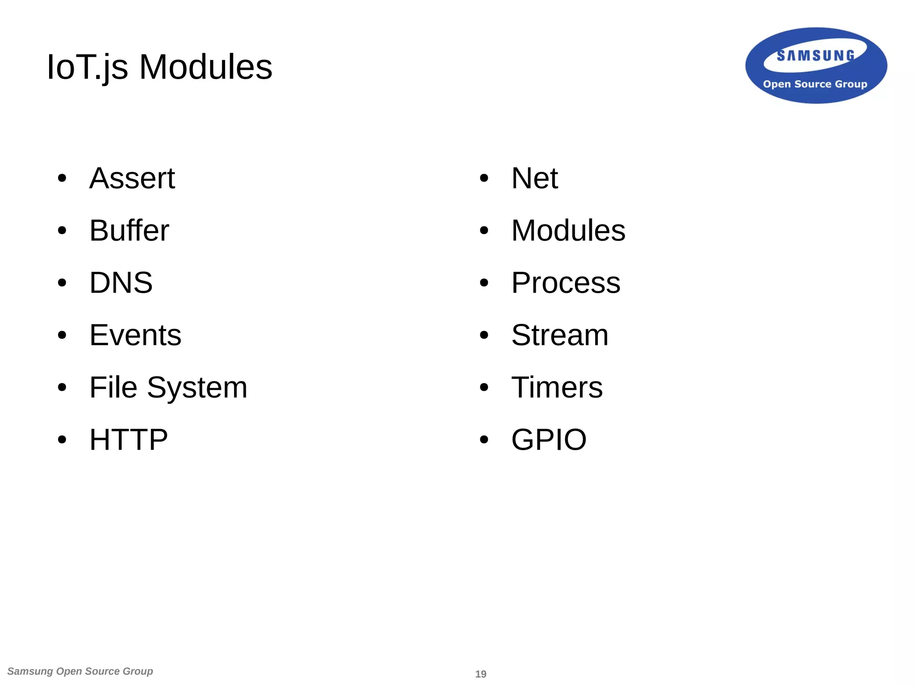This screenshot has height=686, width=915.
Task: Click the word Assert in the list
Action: (x=132, y=178)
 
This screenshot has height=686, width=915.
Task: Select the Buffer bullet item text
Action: (x=129, y=230)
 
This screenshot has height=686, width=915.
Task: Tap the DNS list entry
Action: (x=121, y=283)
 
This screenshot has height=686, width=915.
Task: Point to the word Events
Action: (x=135, y=335)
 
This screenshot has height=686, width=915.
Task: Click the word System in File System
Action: (x=197, y=388)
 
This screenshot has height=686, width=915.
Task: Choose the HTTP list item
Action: (x=129, y=439)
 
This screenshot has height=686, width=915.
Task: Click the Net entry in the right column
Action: (x=534, y=178)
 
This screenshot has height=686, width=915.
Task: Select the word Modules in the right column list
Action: (x=568, y=230)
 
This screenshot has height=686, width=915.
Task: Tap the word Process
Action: (x=566, y=283)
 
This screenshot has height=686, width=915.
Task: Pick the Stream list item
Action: (x=559, y=335)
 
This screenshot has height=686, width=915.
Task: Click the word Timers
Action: (x=557, y=387)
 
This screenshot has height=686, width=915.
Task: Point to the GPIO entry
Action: (x=549, y=439)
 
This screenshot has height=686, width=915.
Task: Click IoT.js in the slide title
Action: (x=87, y=67)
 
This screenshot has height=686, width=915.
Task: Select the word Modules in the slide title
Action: (x=206, y=67)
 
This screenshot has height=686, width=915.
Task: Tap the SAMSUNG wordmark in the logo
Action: (x=815, y=55)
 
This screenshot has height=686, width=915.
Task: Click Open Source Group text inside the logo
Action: (x=815, y=84)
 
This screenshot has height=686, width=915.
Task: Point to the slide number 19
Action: (x=481, y=674)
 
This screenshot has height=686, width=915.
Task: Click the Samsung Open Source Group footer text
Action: (x=80, y=671)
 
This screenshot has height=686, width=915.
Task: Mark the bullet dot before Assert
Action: (x=62, y=179)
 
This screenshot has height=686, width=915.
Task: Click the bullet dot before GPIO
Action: (x=484, y=440)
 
